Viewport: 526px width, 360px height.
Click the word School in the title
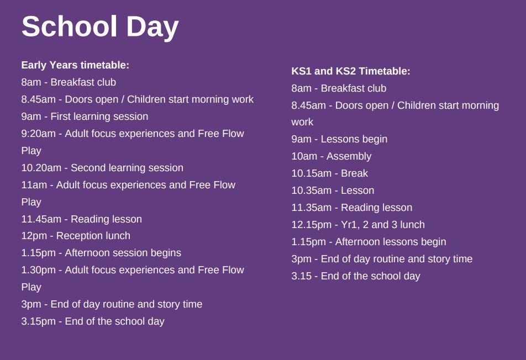point(70,27)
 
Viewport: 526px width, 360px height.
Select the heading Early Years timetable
point(75,65)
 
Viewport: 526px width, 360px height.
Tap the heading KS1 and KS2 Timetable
point(351,71)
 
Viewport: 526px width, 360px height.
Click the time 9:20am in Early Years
point(39,134)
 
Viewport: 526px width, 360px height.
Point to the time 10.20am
point(41,168)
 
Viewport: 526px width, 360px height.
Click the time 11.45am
point(41,219)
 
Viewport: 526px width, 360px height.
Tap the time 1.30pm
point(39,270)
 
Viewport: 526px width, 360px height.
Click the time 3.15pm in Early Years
point(39,321)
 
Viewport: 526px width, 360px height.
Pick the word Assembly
point(349,157)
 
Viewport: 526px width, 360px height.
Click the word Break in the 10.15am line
point(354,173)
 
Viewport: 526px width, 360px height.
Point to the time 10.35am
point(311,190)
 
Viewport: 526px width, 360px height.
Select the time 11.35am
point(311,208)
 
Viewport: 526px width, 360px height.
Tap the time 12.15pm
point(311,225)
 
